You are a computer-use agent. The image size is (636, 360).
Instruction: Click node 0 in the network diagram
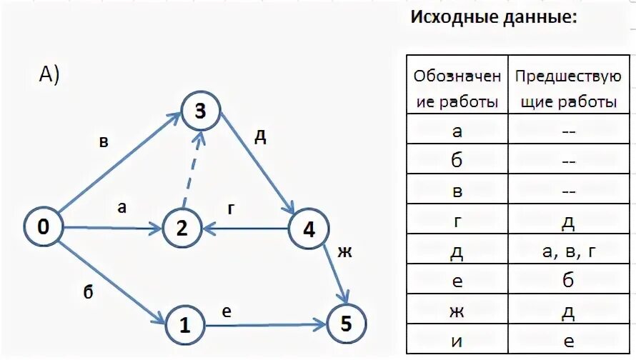click(44, 228)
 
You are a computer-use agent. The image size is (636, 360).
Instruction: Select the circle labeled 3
click(200, 111)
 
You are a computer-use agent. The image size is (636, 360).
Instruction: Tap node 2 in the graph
click(181, 229)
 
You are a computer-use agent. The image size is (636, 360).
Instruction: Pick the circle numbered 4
click(309, 229)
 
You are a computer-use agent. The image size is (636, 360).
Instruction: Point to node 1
click(185, 325)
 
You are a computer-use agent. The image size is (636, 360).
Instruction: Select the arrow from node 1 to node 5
click(265, 325)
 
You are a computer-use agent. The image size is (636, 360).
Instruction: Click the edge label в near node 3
click(104, 141)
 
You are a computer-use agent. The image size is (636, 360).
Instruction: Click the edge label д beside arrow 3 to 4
click(261, 136)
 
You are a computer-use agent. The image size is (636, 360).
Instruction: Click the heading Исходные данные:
click(493, 17)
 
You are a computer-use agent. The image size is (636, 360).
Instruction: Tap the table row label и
click(457, 341)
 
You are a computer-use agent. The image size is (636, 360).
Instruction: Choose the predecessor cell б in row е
click(568, 281)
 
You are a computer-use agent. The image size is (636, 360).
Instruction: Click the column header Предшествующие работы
click(568, 89)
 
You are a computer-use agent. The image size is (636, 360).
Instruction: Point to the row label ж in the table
click(457, 311)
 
